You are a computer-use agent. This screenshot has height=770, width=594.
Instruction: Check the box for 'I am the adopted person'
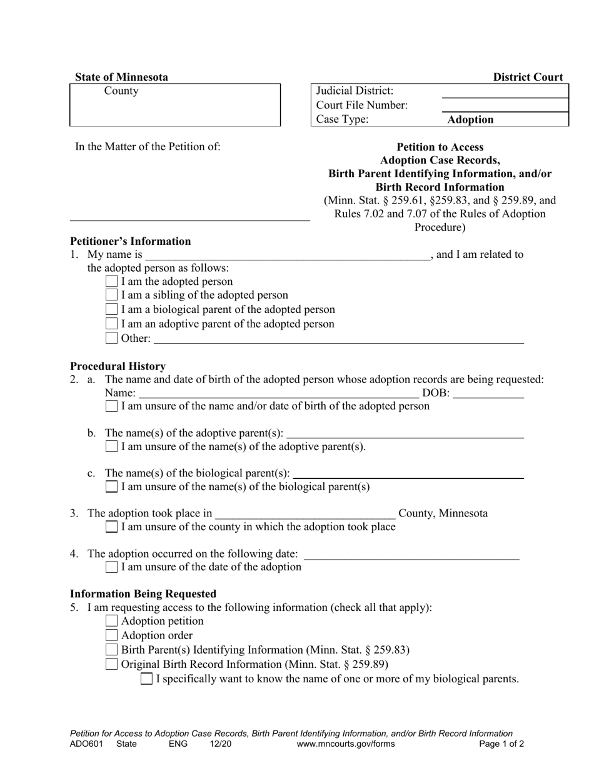click(x=111, y=282)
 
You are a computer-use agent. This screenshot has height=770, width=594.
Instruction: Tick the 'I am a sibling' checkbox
click(x=111, y=295)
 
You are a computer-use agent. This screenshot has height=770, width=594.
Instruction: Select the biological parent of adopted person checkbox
click(x=111, y=309)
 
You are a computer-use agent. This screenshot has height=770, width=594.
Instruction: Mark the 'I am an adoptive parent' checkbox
click(x=111, y=324)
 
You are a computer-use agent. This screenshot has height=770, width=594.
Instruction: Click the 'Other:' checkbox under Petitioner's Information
click(x=111, y=338)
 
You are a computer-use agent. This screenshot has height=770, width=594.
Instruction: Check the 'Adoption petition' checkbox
click(x=111, y=621)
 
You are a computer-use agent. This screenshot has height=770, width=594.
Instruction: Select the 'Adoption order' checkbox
click(x=111, y=635)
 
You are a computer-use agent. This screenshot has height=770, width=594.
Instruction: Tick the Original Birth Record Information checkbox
click(x=111, y=664)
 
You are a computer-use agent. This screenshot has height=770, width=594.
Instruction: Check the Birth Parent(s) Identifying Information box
click(x=111, y=650)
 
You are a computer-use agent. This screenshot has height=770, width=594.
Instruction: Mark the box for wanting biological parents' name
click(x=146, y=679)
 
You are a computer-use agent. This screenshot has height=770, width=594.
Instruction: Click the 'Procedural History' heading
click(x=118, y=366)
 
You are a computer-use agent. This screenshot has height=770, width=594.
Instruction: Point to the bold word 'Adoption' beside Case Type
click(x=470, y=120)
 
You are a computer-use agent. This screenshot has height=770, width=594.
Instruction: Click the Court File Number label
click(x=362, y=105)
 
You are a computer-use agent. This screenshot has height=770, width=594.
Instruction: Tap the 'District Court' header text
click(x=528, y=77)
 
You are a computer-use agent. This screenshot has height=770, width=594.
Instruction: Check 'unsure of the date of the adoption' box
click(x=111, y=567)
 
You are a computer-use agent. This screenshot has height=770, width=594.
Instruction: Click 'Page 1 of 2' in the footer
click(x=501, y=744)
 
